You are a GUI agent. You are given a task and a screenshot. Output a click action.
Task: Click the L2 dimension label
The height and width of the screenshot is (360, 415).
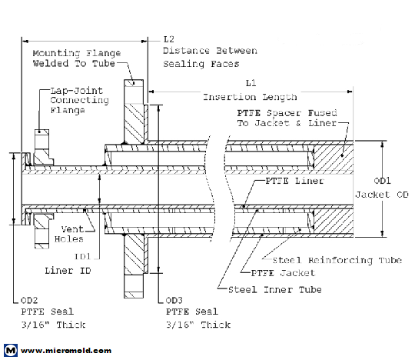169,38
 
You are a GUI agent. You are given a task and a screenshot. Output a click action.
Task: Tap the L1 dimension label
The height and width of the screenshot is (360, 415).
250,82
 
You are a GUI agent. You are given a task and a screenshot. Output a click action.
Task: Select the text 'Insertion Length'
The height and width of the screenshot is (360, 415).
250,97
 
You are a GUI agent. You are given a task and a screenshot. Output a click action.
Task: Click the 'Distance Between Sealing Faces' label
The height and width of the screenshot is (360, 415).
201,57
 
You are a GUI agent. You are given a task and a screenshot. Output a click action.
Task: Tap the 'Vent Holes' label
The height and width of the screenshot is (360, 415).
65,233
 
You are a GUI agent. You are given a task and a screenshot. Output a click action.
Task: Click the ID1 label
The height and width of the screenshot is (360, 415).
82,255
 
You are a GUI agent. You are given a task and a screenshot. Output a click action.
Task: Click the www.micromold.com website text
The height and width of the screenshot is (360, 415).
65,350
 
